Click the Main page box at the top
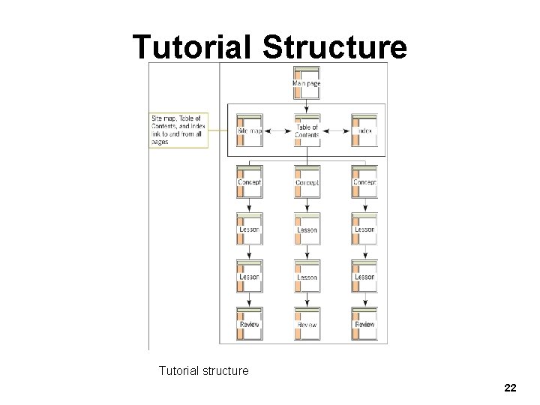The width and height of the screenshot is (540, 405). point(307,83)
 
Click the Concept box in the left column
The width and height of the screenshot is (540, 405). point(249,182)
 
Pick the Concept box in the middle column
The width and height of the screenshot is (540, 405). point(307,182)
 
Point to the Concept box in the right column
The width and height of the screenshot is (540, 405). point(364,182)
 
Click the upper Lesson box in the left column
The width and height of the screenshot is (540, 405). point(249,229)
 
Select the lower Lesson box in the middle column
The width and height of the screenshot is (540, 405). point(307,277)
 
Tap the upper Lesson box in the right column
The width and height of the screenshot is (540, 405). point(364,229)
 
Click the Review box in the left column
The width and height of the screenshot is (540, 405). point(249,324)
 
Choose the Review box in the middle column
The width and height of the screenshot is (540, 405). point(307,324)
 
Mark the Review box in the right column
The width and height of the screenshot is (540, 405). point(364,324)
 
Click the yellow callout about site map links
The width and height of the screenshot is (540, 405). point(178,130)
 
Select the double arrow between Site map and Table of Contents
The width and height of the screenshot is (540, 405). point(278,132)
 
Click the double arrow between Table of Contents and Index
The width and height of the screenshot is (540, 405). point(336,132)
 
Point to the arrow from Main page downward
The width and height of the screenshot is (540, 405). point(307,106)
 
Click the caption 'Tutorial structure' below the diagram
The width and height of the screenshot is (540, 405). point(203,370)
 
